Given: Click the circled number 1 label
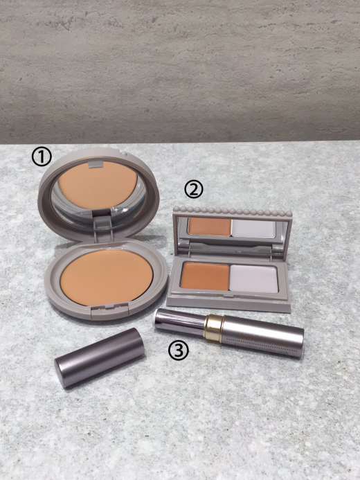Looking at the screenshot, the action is pyautogui.click(x=42, y=157).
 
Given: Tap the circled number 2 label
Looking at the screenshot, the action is pyautogui.click(x=194, y=190).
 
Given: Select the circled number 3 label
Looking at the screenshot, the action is pyautogui.click(x=179, y=350).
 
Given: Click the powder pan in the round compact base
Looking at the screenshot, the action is pyautogui.click(x=107, y=277).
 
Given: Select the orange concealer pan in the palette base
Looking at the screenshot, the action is pyautogui.click(x=205, y=276).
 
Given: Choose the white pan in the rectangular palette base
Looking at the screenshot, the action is pyautogui.click(x=254, y=278).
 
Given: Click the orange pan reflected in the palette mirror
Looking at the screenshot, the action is pyautogui.click(x=210, y=226).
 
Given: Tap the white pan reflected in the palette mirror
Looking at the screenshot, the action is pyautogui.click(x=253, y=229).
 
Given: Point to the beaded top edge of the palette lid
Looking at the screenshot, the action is pyautogui.click(x=233, y=211).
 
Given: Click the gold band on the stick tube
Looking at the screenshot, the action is pyautogui.click(x=214, y=327).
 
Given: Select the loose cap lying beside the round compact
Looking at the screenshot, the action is pyautogui.click(x=99, y=357).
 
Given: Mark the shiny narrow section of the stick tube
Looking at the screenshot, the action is pyautogui.click(x=180, y=320).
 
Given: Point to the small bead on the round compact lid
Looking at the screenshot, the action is pyautogui.click(x=123, y=152).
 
